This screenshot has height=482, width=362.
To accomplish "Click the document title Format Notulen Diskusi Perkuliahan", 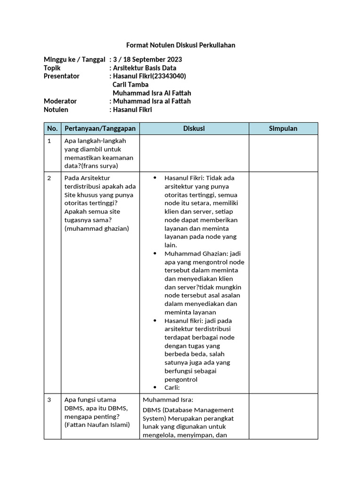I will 181,45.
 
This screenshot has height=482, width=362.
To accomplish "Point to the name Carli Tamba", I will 131,85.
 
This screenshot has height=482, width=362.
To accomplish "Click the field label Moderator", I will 60,101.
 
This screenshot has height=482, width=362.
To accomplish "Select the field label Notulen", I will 56,110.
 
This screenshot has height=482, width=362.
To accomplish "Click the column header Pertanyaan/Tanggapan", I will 100,129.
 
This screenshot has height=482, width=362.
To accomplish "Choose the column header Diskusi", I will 194,129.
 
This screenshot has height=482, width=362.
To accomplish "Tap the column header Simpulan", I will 283,129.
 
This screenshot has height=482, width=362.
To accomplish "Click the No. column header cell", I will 52,129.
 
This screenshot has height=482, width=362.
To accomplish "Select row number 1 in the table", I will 49,141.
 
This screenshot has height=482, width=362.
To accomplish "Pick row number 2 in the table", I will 49,178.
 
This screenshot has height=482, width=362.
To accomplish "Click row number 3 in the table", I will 49,400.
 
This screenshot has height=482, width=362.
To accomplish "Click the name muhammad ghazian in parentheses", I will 97,229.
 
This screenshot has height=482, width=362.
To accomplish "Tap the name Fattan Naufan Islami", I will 97,425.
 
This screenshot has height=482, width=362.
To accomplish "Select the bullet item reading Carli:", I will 172,388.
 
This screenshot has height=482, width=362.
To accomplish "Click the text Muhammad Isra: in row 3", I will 165,400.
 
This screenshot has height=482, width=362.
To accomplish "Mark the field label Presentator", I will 62,76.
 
